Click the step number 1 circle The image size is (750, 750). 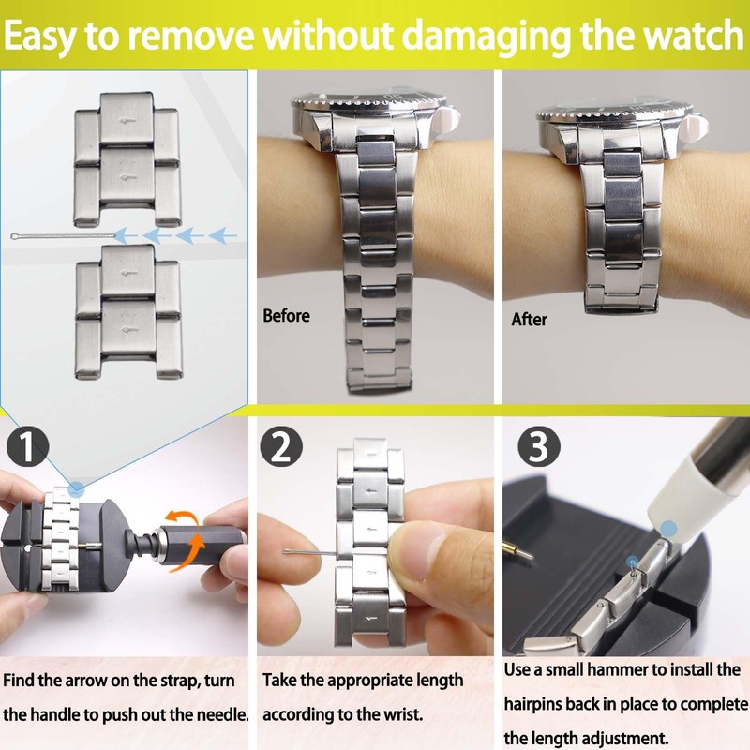pos(31,447)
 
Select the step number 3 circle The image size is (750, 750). pos(537,447)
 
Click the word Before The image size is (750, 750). pos(286,316)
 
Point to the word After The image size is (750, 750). pos(529,320)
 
